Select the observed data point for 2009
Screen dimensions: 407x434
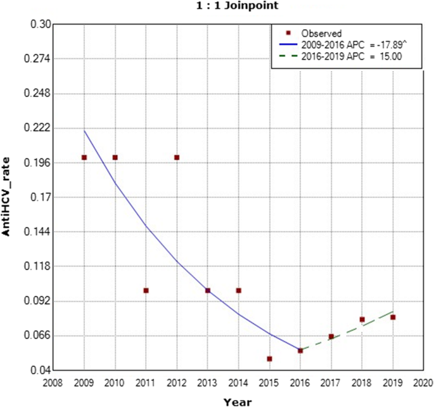tap(84, 157)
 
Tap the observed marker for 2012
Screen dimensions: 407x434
tap(177, 157)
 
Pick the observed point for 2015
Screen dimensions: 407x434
tap(269, 359)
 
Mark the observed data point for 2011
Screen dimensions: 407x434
tap(146, 290)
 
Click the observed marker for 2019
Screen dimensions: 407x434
tap(393, 317)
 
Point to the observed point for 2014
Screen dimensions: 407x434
tap(239, 290)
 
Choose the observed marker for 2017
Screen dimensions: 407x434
tap(331, 337)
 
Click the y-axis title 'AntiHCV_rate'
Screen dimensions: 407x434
tap(8, 197)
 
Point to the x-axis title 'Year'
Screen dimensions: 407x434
tap(238, 401)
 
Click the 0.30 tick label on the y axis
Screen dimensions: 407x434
tap(39, 25)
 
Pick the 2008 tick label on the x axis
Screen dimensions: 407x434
tap(53, 384)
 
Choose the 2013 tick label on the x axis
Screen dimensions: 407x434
tap(207, 384)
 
